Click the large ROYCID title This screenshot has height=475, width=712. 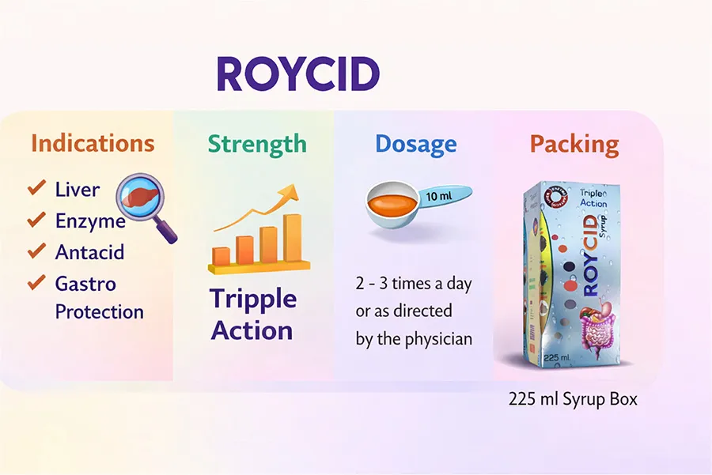(298, 74)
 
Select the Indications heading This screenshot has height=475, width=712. (93, 143)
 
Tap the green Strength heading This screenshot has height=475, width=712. (257, 145)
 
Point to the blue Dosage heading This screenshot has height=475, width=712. (416, 145)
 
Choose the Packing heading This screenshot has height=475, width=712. (574, 145)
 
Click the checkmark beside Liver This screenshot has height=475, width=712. (36, 187)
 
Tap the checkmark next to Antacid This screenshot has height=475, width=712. (36, 251)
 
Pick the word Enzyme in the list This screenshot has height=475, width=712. (90, 221)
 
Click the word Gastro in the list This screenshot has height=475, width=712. (85, 284)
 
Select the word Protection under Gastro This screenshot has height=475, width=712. (100, 312)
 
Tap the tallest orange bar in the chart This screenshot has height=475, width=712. (293, 238)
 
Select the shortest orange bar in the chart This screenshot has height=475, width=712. (222, 256)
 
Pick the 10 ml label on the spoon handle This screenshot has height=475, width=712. (438, 197)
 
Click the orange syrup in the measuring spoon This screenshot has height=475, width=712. (392, 205)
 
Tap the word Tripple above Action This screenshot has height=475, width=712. (253, 300)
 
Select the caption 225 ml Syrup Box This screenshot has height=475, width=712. (573, 399)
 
